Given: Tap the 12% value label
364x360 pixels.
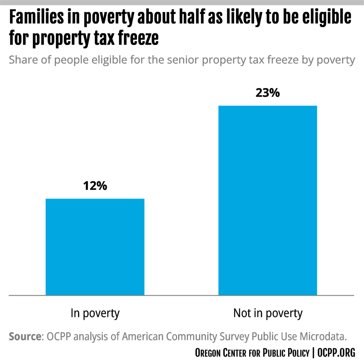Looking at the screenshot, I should pos(95,186).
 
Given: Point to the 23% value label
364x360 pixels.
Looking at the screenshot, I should pos(267,93).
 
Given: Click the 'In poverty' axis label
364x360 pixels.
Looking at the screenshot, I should pos(95,313).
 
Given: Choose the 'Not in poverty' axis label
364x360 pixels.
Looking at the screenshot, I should pos(267,313).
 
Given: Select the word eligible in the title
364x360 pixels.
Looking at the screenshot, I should pos(329,18).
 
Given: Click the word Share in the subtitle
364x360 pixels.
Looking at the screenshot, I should pos(23,60).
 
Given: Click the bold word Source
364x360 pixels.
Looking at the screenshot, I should pos(25,337).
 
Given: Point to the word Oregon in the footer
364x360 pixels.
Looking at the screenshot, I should pos(208,353).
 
